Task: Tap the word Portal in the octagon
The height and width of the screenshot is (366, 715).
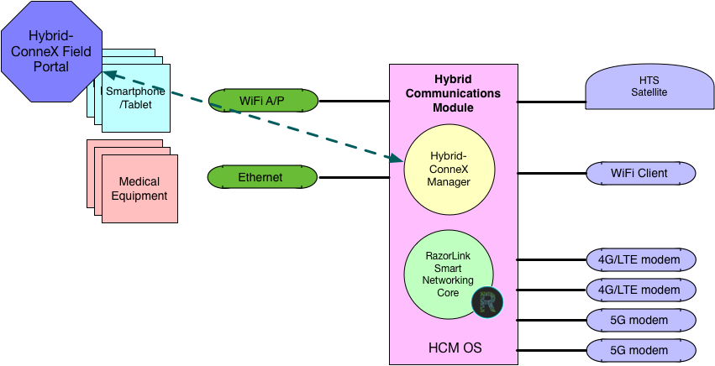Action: pos(50,66)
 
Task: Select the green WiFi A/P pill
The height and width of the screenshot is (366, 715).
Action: pos(263,101)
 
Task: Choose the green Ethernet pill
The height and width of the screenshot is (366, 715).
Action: pos(261,177)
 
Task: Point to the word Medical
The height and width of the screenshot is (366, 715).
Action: pos(139,181)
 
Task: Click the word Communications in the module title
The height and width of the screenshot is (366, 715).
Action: pos(453,93)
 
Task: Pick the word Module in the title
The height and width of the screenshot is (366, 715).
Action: pos(454,107)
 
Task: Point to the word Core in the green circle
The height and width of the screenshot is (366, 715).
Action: pos(448,293)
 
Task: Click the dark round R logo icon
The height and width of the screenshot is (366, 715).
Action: pos(486,301)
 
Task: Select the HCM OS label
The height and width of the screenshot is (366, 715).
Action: pos(454,348)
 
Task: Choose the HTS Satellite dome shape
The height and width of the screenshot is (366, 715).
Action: pos(640,87)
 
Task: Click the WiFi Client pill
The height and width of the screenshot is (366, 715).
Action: pos(641,173)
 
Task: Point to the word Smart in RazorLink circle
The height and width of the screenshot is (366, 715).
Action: pos(448,266)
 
